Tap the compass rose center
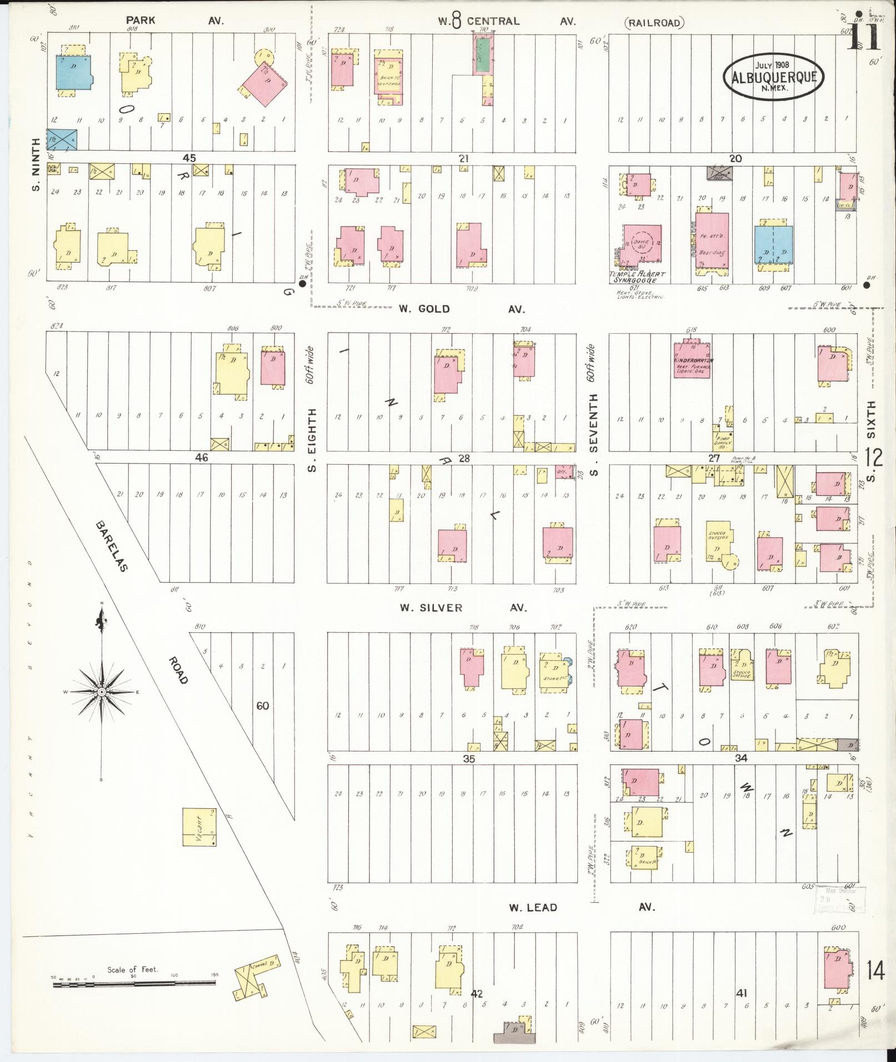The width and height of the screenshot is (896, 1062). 102,692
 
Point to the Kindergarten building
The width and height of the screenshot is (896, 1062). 691,360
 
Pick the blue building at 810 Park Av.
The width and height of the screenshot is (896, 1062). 73,72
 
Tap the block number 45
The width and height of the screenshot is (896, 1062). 189,158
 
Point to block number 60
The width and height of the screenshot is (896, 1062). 263,706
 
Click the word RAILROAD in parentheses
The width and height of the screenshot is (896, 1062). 654,23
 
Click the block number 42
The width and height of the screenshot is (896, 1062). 477,994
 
